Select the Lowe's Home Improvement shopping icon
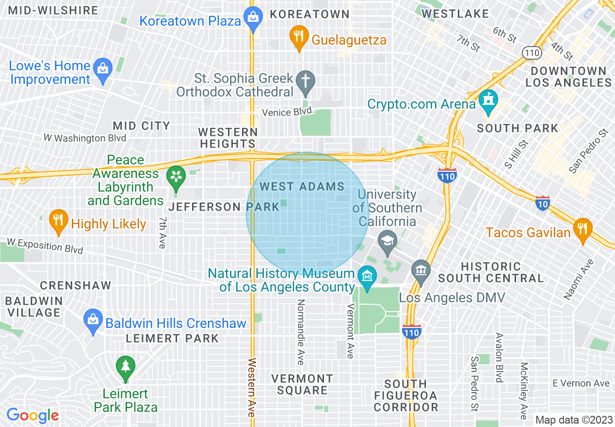[x=103, y=68]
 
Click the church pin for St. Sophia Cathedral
[x=306, y=81]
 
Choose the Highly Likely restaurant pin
[x=58, y=221]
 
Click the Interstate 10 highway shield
[x=542, y=204]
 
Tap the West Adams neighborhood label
[x=302, y=187]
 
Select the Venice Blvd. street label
[x=288, y=113]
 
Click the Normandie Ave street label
[x=301, y=332]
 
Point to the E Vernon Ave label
[x=581, y=383]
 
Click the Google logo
[x=32, y=415]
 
